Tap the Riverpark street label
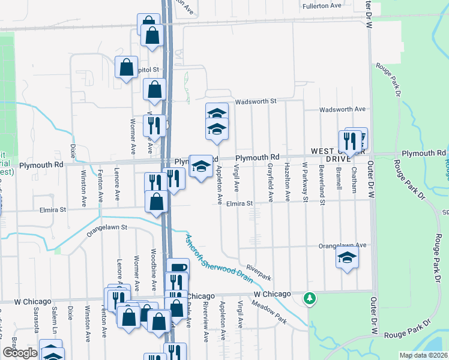tap(259, 272)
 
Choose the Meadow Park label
tap(270, 312)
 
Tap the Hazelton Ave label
tap(288, 182)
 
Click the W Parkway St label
tap(305, 182)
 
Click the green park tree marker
tap(310, 298)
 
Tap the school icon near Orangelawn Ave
tap(346, 258)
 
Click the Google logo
tap(20, 352)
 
